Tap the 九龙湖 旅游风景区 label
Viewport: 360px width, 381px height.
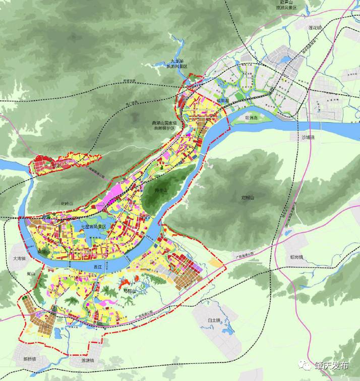179,64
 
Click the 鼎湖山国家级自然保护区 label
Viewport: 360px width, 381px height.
163,126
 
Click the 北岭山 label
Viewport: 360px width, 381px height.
67,203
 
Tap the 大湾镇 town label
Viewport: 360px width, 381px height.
19,258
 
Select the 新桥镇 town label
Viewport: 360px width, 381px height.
30,359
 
